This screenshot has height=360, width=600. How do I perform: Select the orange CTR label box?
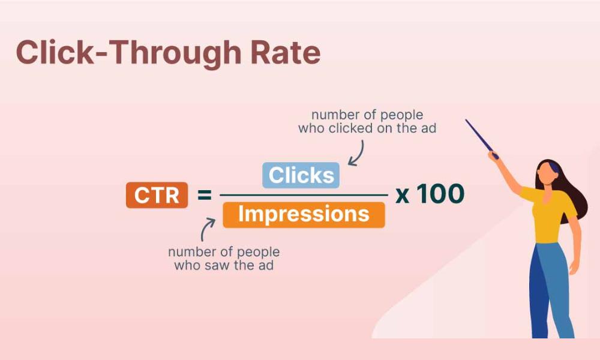(157, 195)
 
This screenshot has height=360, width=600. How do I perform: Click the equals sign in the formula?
(205, 195)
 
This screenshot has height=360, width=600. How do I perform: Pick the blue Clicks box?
(301, 175)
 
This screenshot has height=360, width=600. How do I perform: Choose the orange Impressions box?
(304, 215)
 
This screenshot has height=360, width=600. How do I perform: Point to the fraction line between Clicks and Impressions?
(304, 195)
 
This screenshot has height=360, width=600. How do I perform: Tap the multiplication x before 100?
(403, 195)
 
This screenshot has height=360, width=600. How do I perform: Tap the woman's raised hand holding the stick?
(494, 155)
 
